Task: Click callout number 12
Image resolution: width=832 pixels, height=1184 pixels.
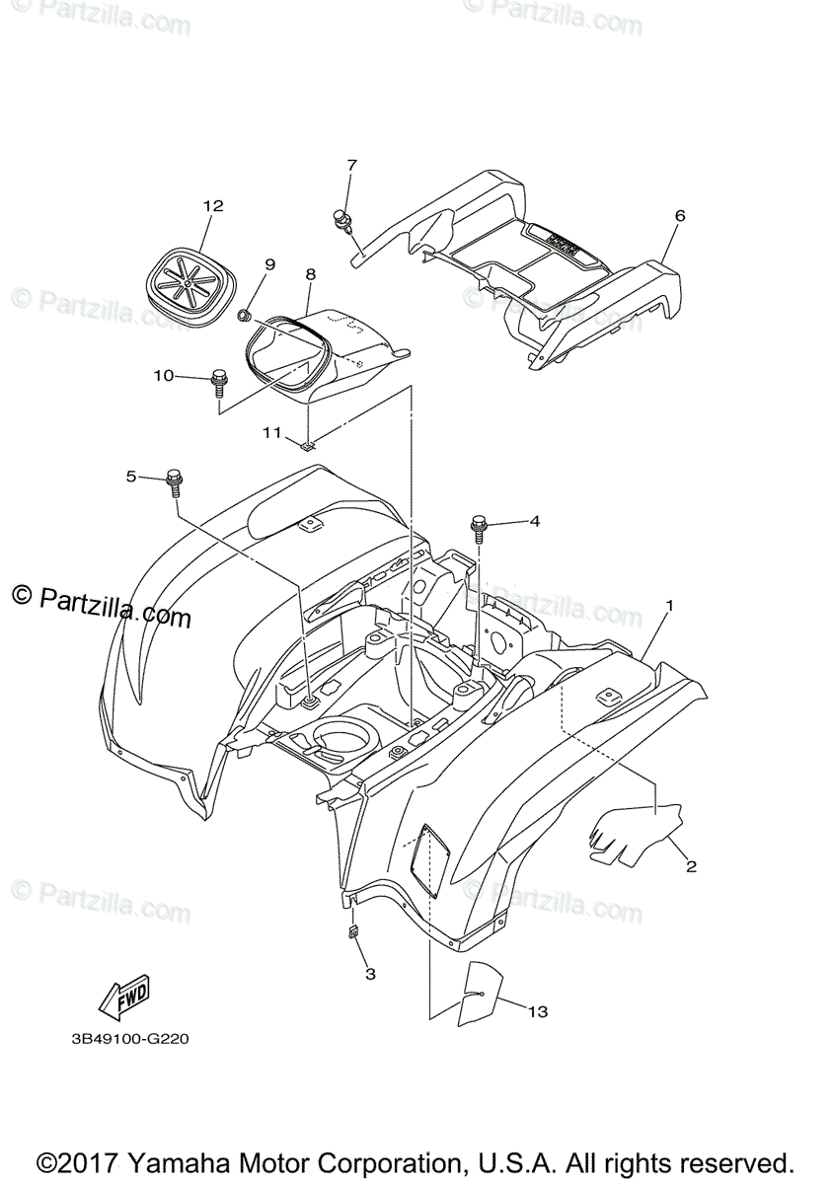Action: point(213,206)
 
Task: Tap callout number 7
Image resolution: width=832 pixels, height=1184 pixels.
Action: point(351,165)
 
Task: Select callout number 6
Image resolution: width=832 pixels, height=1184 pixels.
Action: point(679,215)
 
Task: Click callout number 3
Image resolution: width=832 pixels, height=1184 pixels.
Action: point(370,974)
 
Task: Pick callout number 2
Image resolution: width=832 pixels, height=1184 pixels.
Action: point(691,866)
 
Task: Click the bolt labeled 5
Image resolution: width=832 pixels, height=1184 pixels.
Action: point(175,481)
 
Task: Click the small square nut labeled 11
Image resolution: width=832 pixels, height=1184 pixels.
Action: point(308,444)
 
